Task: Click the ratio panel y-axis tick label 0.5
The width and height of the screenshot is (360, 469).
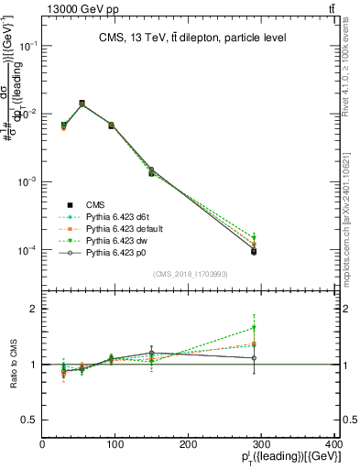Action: (x=29, y=420)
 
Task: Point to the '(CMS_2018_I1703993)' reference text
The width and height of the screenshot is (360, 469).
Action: (x=191, y=274)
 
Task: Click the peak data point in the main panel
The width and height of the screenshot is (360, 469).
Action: (x=82, y=104)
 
